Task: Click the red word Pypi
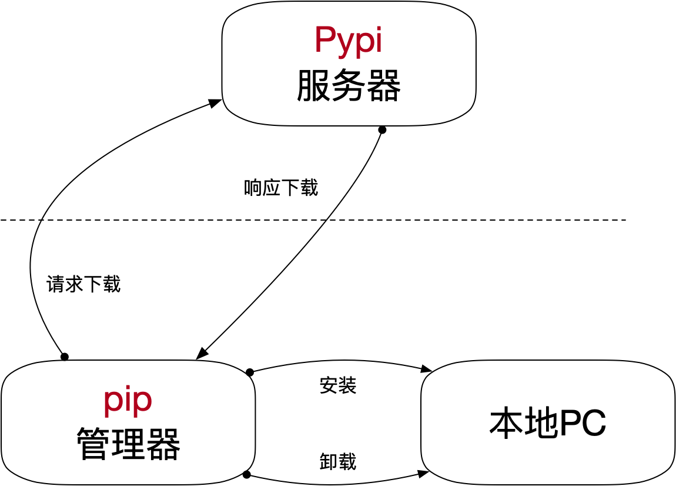(348, 41)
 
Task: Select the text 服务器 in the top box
(348, 86)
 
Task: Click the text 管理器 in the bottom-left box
(128, 444)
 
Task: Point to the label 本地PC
(547, 422)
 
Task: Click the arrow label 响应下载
(281, 188)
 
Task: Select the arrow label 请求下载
(83, 284)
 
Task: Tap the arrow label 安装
(338, 385)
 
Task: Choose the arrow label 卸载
(338, 461)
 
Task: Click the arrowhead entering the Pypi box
(216, 103)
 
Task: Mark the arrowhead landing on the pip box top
(202, 354)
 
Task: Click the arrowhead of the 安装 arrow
(427, 369)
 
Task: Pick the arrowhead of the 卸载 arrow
(423, 473)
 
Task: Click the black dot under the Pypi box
(382, 130)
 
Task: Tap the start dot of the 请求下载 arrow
(65, 357)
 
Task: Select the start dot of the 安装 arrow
(250, 372)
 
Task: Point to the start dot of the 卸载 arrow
(247, 475)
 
